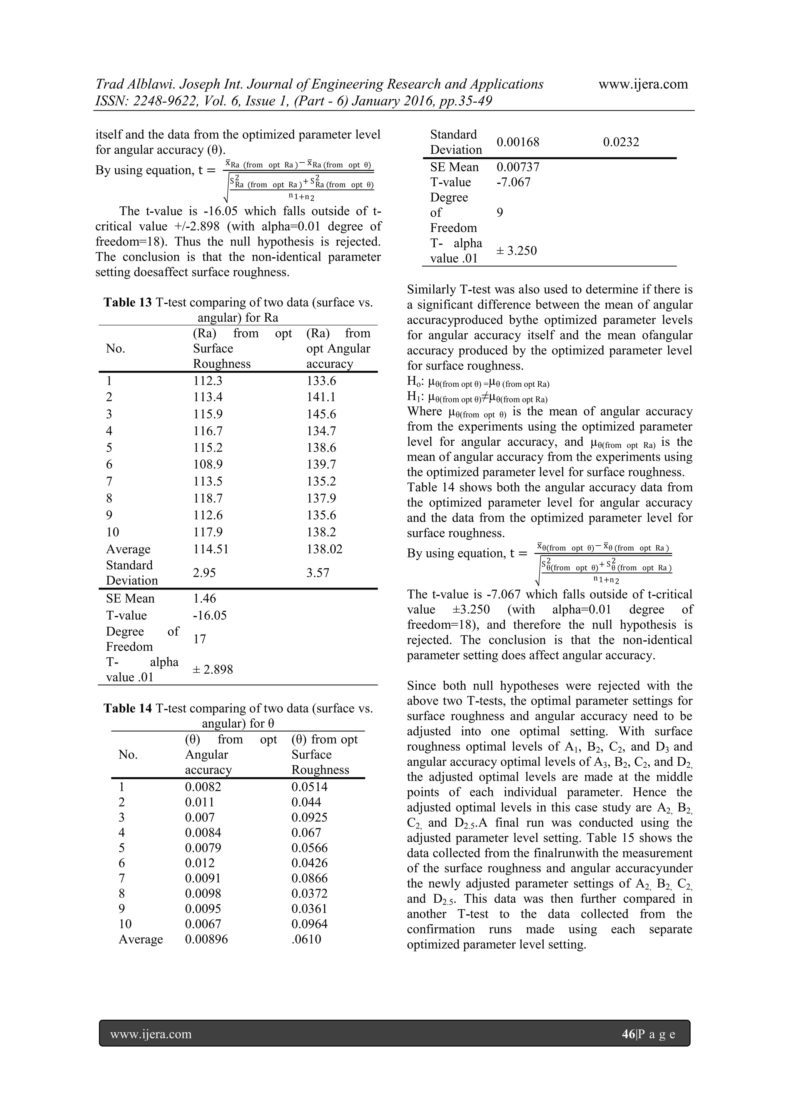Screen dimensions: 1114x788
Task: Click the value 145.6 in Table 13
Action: click(x=321, y=414)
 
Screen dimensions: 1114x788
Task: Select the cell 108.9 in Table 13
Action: click(x=208, y=464)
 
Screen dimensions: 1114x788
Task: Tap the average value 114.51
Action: click(x=210, y=549)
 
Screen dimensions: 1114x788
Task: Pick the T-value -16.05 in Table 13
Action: click(x=210, y=615)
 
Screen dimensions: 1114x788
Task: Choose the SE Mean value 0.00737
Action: click(x=518, y=167)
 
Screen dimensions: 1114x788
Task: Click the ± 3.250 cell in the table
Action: click(x=516, y=251)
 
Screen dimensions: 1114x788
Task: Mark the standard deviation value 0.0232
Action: click(x=621, y=142)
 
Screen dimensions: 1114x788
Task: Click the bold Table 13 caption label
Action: click(x=128, y=303)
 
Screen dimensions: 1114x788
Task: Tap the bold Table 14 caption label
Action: click(x=128, y=708)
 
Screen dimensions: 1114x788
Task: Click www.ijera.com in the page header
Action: click(x=643, y=84)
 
